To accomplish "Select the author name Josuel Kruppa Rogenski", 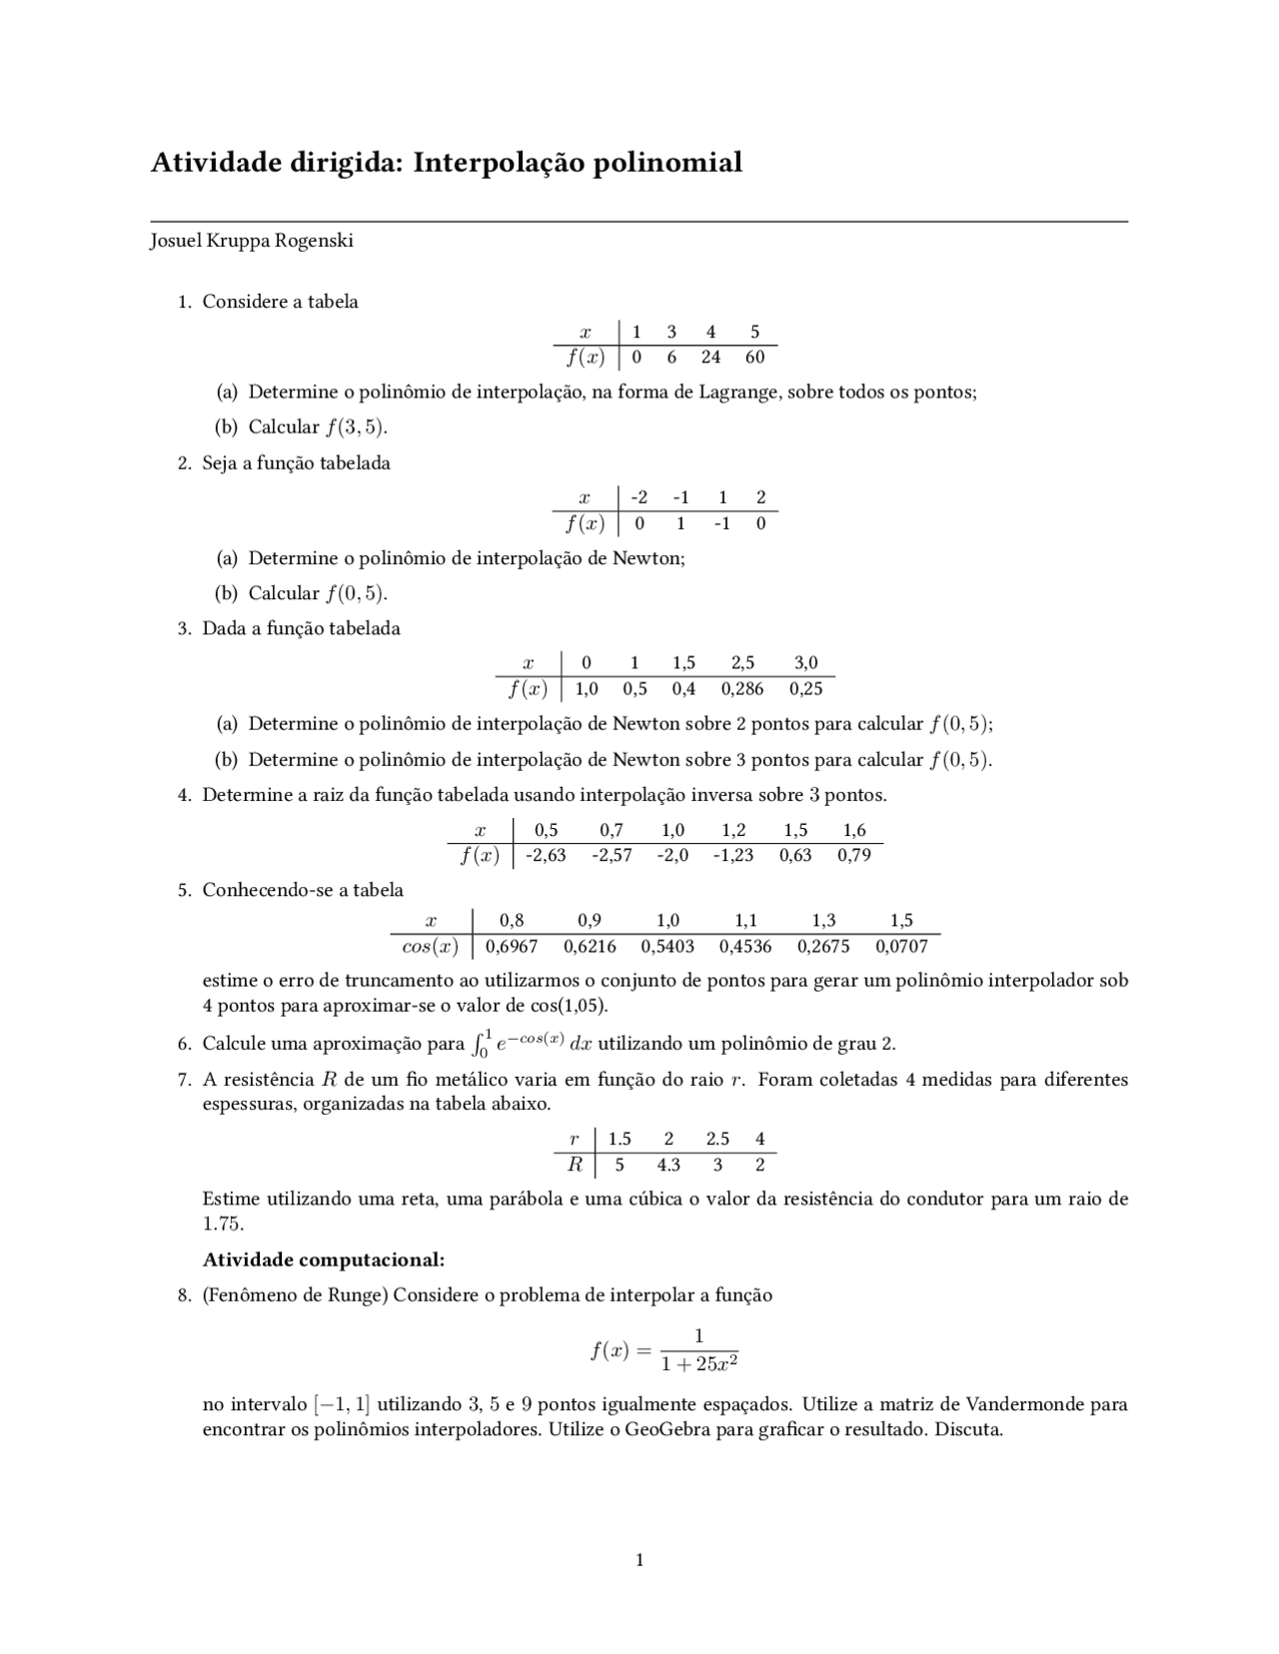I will (x=252, y=241).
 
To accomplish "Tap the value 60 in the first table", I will (x=754, y=358).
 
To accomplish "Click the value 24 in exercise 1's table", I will (x=711, y=358).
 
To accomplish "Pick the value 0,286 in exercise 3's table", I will (x=742, y=689).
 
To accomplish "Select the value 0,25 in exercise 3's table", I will (x=805, y=689).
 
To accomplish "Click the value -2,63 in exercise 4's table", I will (x=546, y=855).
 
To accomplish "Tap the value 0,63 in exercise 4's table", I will (x=795, y=855).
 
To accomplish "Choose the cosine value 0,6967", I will (x=512, y=946).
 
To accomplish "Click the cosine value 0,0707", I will (x=901, y=946).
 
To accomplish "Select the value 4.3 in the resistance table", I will (x=668, y=1165).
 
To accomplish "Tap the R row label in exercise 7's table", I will (x=575, y=1165).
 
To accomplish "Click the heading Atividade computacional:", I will (x=324, y=1259).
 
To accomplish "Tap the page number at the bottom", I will (x=639, y=1560).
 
